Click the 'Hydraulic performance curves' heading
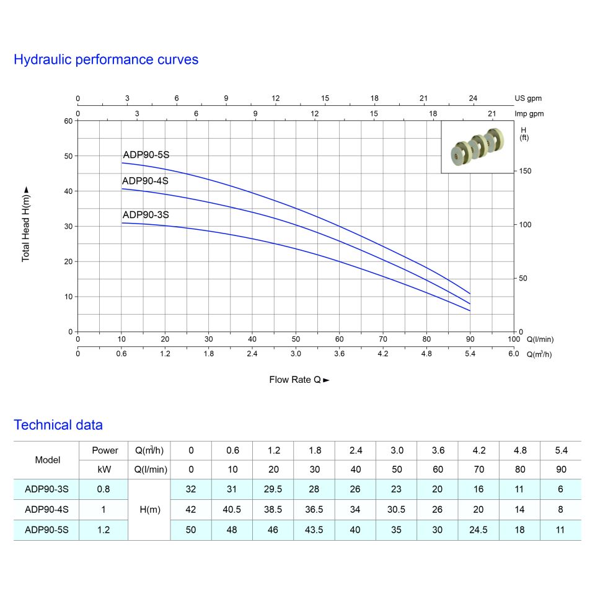106,60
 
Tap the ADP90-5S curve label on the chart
146,155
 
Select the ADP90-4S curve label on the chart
146,181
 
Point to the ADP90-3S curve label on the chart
146,215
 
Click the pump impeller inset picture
477,147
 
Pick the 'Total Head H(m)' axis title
26,223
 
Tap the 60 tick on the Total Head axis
68,121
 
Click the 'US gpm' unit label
528,98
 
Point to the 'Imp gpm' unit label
529,113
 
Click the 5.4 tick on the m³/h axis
470,354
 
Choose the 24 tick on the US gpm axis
473,98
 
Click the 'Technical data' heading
58,426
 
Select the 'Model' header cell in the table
48,460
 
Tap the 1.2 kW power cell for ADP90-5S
104,530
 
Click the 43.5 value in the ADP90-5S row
314,530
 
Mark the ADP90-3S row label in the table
47,489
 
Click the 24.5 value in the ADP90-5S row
478,530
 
